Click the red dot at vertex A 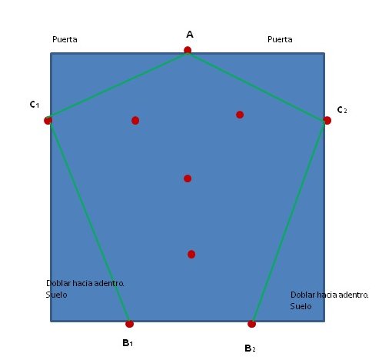click(x=188, y=50)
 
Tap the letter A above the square click(x=190, y=35)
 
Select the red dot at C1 click(x=48, y=120)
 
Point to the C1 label click(x=35, y=105)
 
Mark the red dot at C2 click(x=327, y=120)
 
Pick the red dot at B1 click(x=130, y=324)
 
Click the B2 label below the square click(x=250, y=348)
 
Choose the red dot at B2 click(x=251, y=324)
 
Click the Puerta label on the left click(x=65, y=39)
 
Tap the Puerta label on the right click(x=280, y=39)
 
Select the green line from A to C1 click(x=118, y=85)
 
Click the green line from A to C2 click(x=257, y=85)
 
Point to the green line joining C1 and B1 click(x=89, y=222)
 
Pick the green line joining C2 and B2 click(x=290, y=222)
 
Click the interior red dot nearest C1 click(x=135, y=121)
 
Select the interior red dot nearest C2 click(x=240, y=115)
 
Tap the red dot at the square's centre click(x=188, y=178)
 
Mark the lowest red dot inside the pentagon click(x=191, y=255)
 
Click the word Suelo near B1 click(x=56, y=295)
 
